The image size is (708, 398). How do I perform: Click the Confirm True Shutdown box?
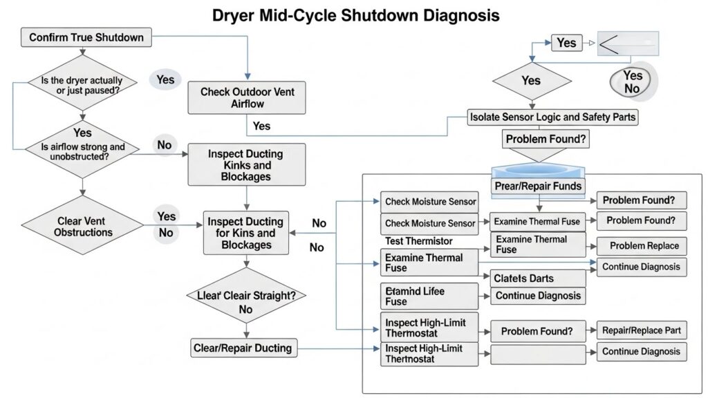tap(86, 37)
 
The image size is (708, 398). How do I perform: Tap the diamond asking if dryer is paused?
tap(82, 86)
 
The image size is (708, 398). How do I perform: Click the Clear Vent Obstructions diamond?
tap(82, 225)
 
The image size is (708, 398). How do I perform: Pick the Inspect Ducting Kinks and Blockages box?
tap(245, 164)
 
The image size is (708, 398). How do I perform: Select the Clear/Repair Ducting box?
tap(244, 348)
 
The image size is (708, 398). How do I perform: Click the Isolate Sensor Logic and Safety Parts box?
tap(552, 117)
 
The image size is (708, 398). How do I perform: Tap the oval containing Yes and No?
tap(632, 83)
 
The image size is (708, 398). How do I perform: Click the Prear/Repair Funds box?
tap(539, 187)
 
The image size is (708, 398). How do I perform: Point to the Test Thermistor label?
tap(418, 241)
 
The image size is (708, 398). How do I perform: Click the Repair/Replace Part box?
tap(642, 330)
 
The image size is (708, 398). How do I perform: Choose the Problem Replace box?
tap(643, 245)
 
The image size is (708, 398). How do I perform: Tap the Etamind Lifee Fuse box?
tap(429, 296)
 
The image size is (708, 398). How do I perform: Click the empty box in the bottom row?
tap(537, 355)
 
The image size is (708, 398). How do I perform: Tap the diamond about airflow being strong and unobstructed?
tap(82, 147)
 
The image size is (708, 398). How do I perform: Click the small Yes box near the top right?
tap(566, 43)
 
